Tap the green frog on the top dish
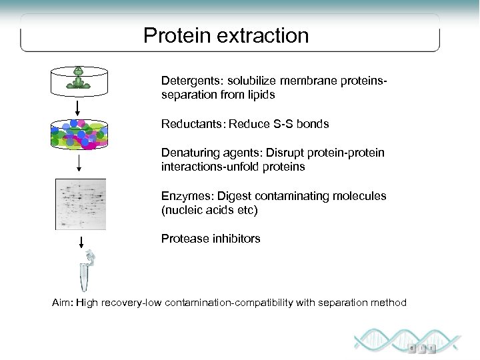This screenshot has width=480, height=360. point(79,73)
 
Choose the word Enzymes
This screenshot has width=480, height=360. point(183,196)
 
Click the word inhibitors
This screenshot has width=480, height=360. point(235,239)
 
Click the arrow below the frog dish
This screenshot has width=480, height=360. point(79,107)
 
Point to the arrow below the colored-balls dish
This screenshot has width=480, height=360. point(79,163)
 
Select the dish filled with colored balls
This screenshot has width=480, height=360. point(79,134)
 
